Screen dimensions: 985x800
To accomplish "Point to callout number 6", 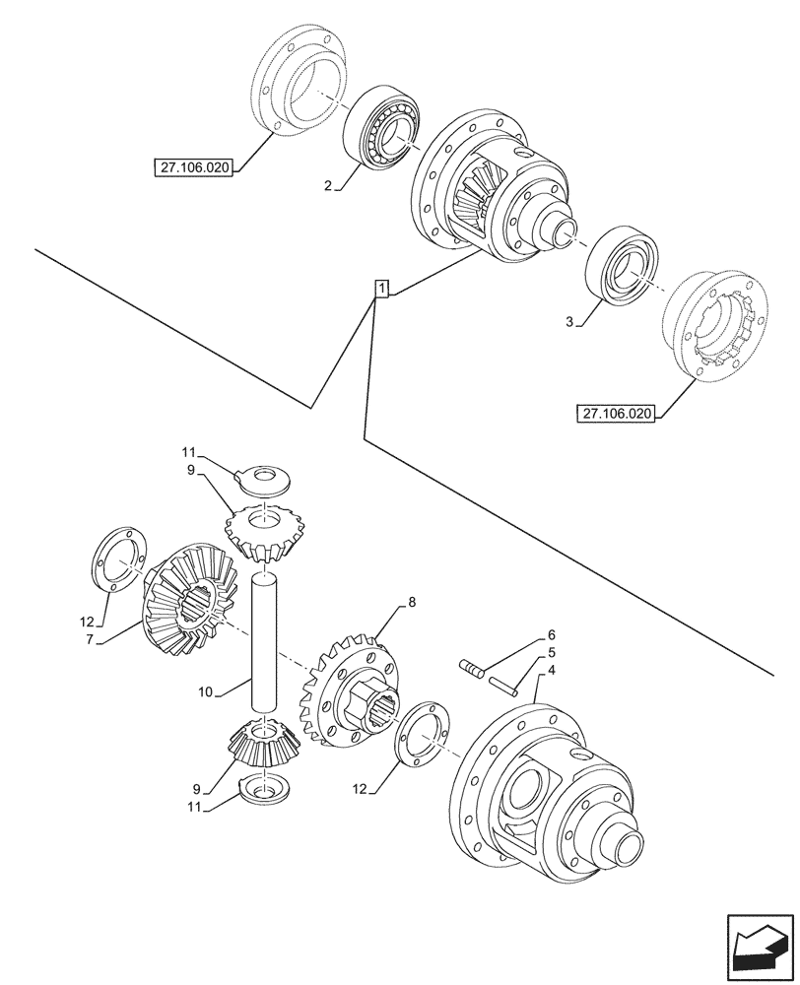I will [552, 635].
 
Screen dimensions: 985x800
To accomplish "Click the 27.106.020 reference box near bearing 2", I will [192, 168].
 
